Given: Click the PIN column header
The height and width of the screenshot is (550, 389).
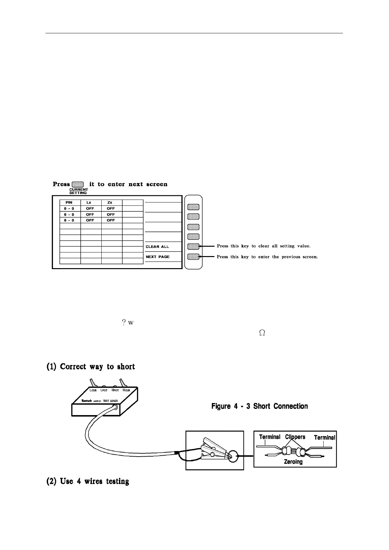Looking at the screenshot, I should pyautogui.click(x=69, y=202).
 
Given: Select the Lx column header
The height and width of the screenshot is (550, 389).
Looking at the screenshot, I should pyautogui.click(x=89, y=202).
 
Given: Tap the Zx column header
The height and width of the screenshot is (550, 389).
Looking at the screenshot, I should pyautogui.click(x=110, y=202).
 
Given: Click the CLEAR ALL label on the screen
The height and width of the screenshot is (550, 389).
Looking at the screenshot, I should pyautogui.click(x=157, y=247).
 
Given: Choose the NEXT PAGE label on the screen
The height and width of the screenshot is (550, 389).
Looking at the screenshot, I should pyautogui.click(x=158, y=257).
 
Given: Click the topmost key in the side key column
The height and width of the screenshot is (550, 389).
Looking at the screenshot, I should pyautogui.click(x=194, y=207).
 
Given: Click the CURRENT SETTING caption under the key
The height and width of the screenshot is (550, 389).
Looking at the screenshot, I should pyautogui.click(x=78, y=191).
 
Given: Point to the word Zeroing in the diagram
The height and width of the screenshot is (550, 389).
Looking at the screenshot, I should pyautogui.click(x=293, y=462).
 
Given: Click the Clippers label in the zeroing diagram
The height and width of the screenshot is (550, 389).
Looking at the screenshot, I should pyautogui.click(x=295, y=437).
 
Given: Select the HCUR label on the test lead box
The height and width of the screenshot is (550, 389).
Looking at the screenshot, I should pyautogui.click(x=126, y=390).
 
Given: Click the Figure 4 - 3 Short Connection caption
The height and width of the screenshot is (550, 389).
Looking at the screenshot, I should pyautogui.click(x=260, y=406).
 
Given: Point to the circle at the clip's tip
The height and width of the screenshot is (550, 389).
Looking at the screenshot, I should pyautogui.click(x=234, y=456).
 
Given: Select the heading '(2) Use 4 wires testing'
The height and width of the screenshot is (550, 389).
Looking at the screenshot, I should pyautogui.click(x=88, y=481).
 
